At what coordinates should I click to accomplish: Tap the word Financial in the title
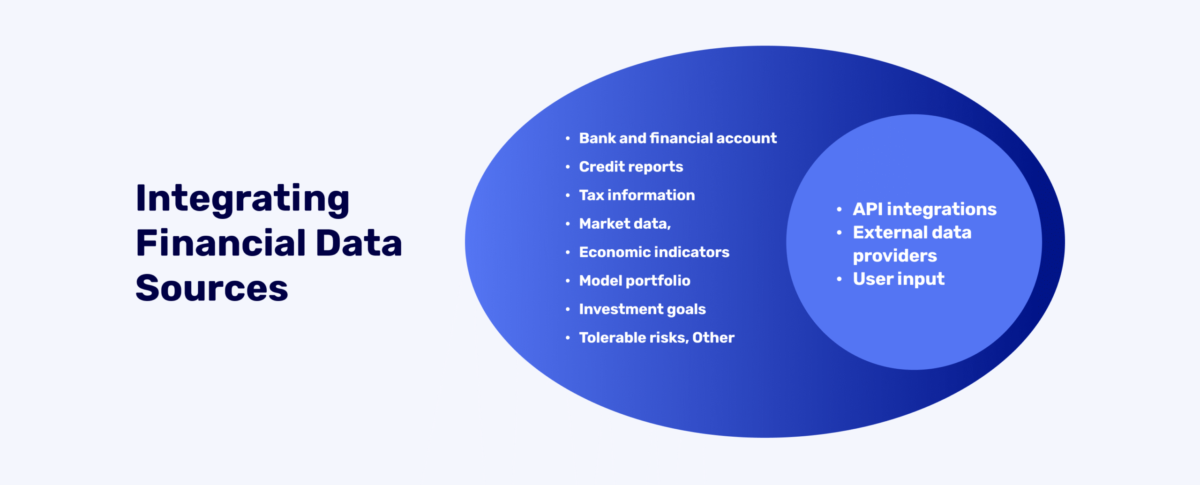pyautogui.click(x=221, y=244)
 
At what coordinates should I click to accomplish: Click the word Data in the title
pyautogui.click(x=359, y=244)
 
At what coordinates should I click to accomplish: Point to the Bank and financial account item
pyautogui.click(x=677, y=138)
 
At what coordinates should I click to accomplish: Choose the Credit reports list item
pyautogui.click(x=631, y=167)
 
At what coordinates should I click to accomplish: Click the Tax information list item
pyautogui.click(x=637, y=195)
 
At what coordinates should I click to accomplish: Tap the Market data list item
pyautogui.click(x=625, y=224)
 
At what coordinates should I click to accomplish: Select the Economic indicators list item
pyautogui.click(x=654, y=252)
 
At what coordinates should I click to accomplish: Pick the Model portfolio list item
pyautogui.click(x=634, y=281)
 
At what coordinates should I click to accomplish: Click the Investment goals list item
pyautogui.click(x=642, y=309)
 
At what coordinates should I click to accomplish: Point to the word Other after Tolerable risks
pyautogui.click(x=713, y=338)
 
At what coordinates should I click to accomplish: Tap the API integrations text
pyautogui.click(x=924, y=209)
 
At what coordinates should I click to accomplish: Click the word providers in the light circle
pyautogui.click(x=894, y=256)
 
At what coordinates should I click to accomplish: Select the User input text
pyautogui.click(x=898, y=279)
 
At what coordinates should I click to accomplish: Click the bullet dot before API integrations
pyautogui.click(x=839, y=209)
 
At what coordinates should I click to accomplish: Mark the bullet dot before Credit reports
pyautogui.click(x=568, y=167)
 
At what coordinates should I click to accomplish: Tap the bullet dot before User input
pyautogui.click(x=839, y=280)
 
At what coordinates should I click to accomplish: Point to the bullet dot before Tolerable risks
pyautogui.click(x=568, y=338)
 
